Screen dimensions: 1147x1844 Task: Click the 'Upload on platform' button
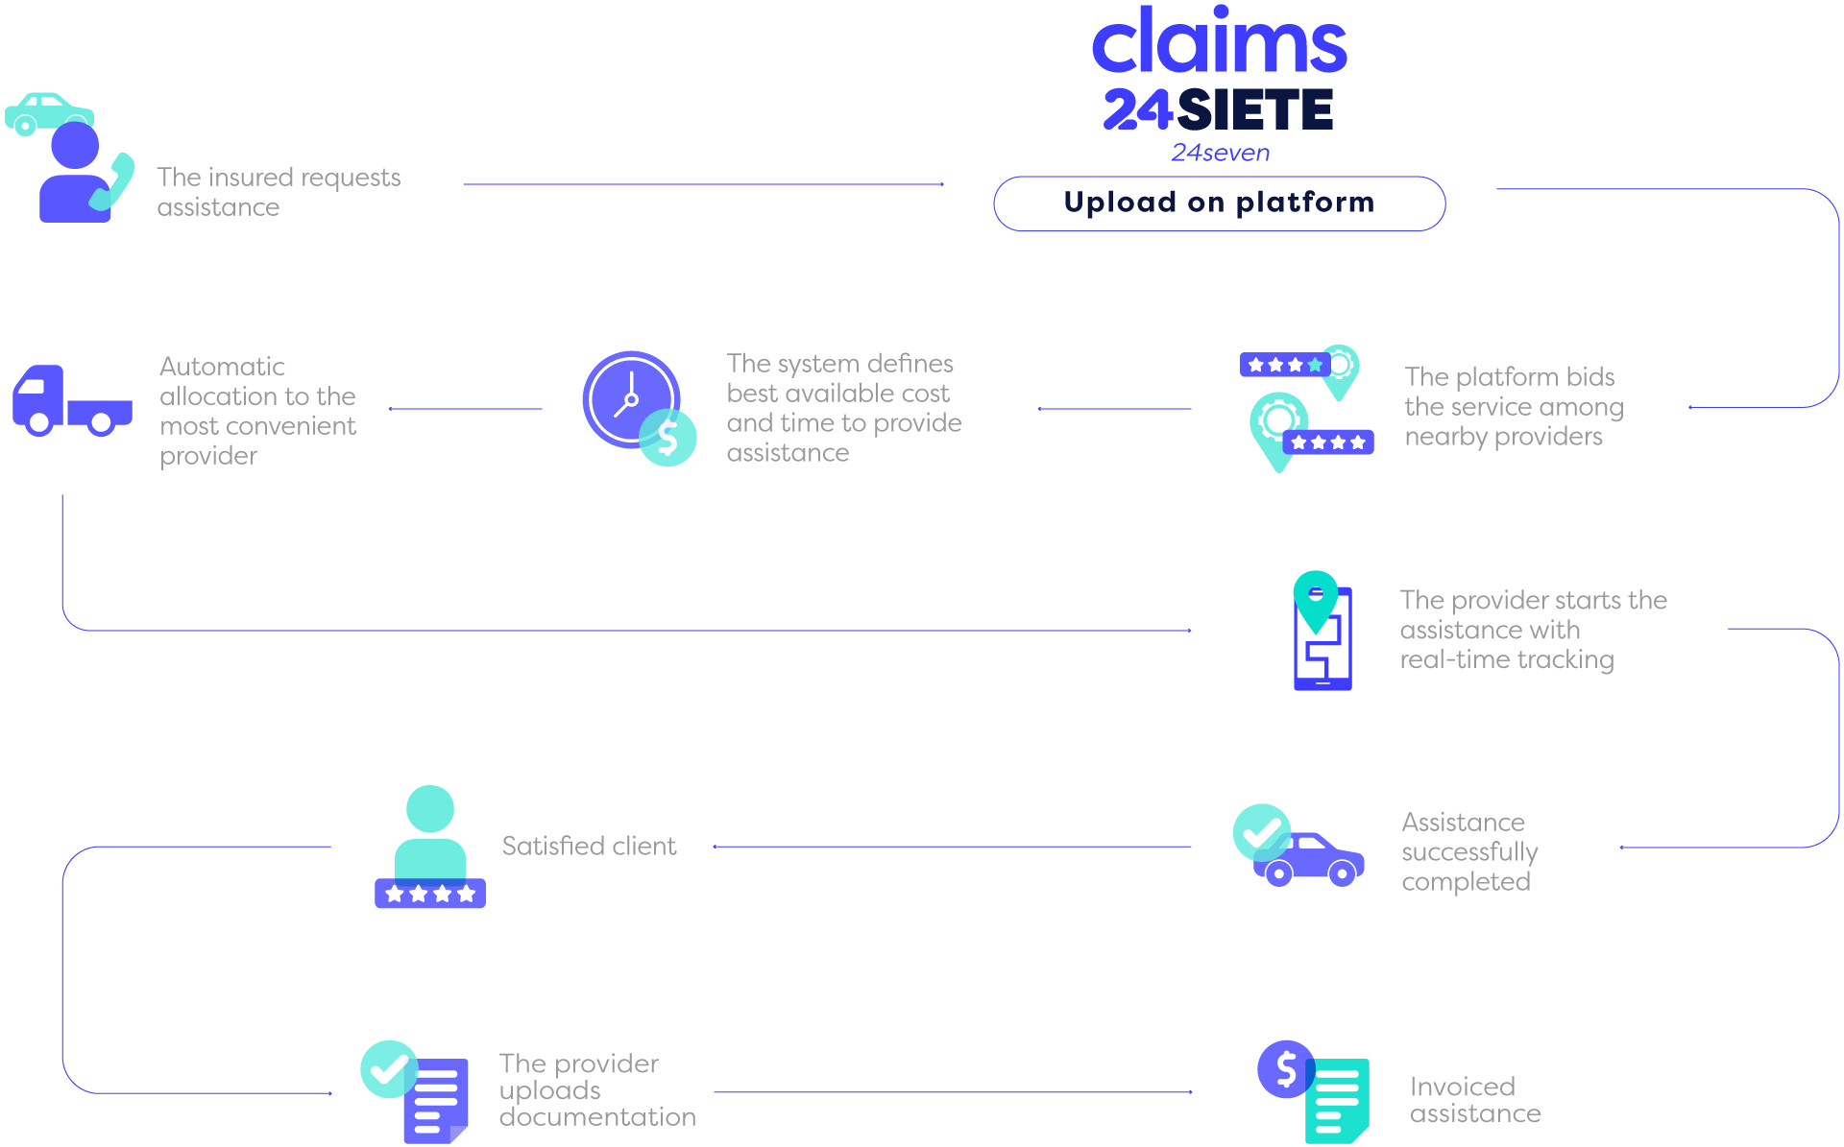coord(1219,203)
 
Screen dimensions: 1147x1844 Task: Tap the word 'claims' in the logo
coord(1219,43)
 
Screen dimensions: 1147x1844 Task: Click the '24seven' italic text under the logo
coord(1220,153)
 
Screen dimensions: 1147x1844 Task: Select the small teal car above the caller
coord(48,111)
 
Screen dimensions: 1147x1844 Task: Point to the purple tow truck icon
coord(71,400)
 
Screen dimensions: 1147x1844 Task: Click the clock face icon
coord(629,398)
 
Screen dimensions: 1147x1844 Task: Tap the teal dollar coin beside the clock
coord(668,438)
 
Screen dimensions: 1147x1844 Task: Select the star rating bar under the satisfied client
coord(429,894)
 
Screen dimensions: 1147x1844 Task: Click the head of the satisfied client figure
coord(429,809)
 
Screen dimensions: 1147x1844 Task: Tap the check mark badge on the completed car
coord(1261,832)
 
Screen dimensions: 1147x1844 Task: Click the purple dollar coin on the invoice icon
coord(1285,1068)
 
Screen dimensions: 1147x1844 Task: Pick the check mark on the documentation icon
coord(388,1068)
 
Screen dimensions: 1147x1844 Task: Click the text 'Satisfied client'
coord(589,846)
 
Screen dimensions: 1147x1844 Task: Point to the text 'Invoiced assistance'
coord(1474,1100)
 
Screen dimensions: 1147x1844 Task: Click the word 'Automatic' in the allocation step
coord(222,367)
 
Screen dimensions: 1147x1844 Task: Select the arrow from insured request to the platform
coord(703,184)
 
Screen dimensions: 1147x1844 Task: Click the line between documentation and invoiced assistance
coord(951,1092)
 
